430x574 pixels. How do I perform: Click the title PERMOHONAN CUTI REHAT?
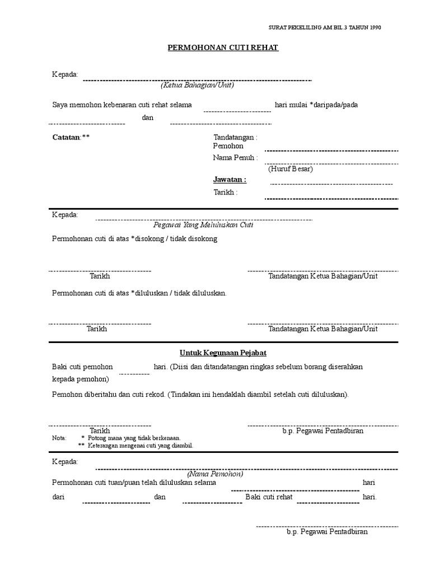coord(223,48)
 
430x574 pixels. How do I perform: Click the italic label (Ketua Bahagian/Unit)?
coord(197,86)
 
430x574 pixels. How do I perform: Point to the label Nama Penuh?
coord(235,158)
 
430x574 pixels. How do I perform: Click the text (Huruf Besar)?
coord(290,169)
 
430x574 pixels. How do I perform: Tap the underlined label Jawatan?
coord(229,180)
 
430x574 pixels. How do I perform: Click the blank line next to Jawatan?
coord(331,184)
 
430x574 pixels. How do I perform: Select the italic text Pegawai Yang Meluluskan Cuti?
coord(204,225)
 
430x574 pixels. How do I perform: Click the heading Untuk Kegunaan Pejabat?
coord(223,353)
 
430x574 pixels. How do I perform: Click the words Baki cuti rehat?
coord(269,497)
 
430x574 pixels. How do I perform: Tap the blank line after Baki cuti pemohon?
coord(133,373)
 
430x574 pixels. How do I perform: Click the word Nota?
coord(59,438)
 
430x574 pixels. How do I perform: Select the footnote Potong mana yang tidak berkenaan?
coord(134,438)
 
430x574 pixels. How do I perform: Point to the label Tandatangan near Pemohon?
coord(235,137)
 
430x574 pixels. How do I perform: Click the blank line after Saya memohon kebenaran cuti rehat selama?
coord(237,111)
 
